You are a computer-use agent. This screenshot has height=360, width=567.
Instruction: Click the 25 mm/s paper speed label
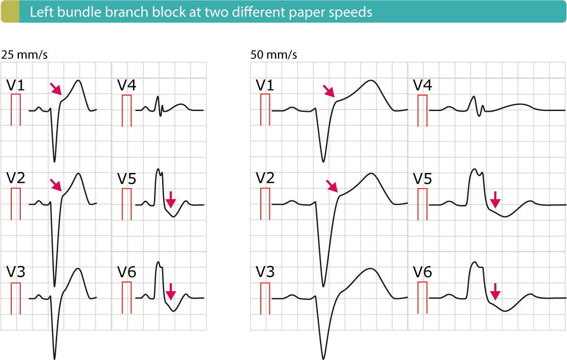pos(25,55)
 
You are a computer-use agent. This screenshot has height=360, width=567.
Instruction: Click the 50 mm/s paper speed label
pos(274,55)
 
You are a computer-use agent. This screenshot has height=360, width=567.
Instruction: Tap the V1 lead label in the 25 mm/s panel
pos(16,86)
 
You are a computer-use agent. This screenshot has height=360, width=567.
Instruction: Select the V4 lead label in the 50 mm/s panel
pos(423,86)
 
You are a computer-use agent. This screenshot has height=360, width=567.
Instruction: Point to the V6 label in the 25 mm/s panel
pos(127,273)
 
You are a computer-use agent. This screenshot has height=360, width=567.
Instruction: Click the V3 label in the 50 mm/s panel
pos(265,273)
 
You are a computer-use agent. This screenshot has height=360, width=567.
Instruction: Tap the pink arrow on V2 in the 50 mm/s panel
pos(333,186)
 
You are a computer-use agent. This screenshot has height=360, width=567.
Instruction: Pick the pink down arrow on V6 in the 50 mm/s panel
pos(495,291)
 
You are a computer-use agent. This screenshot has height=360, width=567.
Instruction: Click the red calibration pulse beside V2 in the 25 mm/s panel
pos(16,203)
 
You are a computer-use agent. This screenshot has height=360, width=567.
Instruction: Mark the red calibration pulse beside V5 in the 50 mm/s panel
pos(422,203)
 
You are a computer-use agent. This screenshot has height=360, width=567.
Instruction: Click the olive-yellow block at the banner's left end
pos(10,12)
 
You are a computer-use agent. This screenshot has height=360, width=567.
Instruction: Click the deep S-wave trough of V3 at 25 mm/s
pos(55,358)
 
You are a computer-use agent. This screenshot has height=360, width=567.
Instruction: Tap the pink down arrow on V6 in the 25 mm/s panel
pos(171,291)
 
